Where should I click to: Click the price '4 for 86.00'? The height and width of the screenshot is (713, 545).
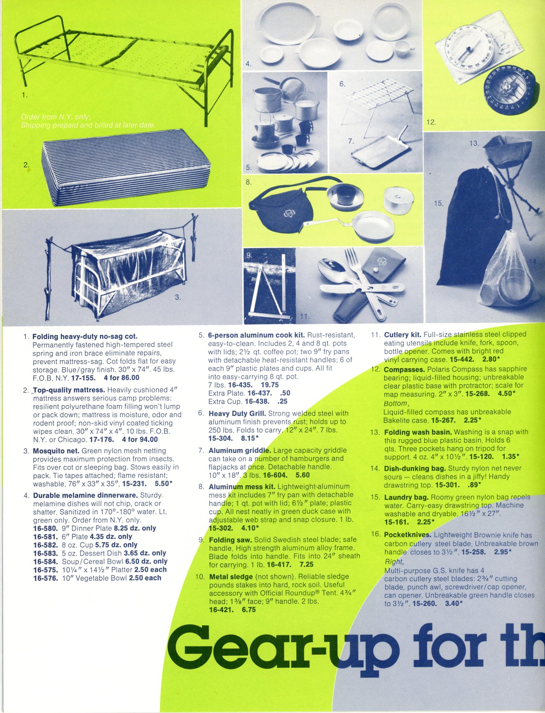click(x=122, y=378)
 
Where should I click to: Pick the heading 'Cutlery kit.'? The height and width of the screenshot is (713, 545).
click(x=402, y=335)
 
